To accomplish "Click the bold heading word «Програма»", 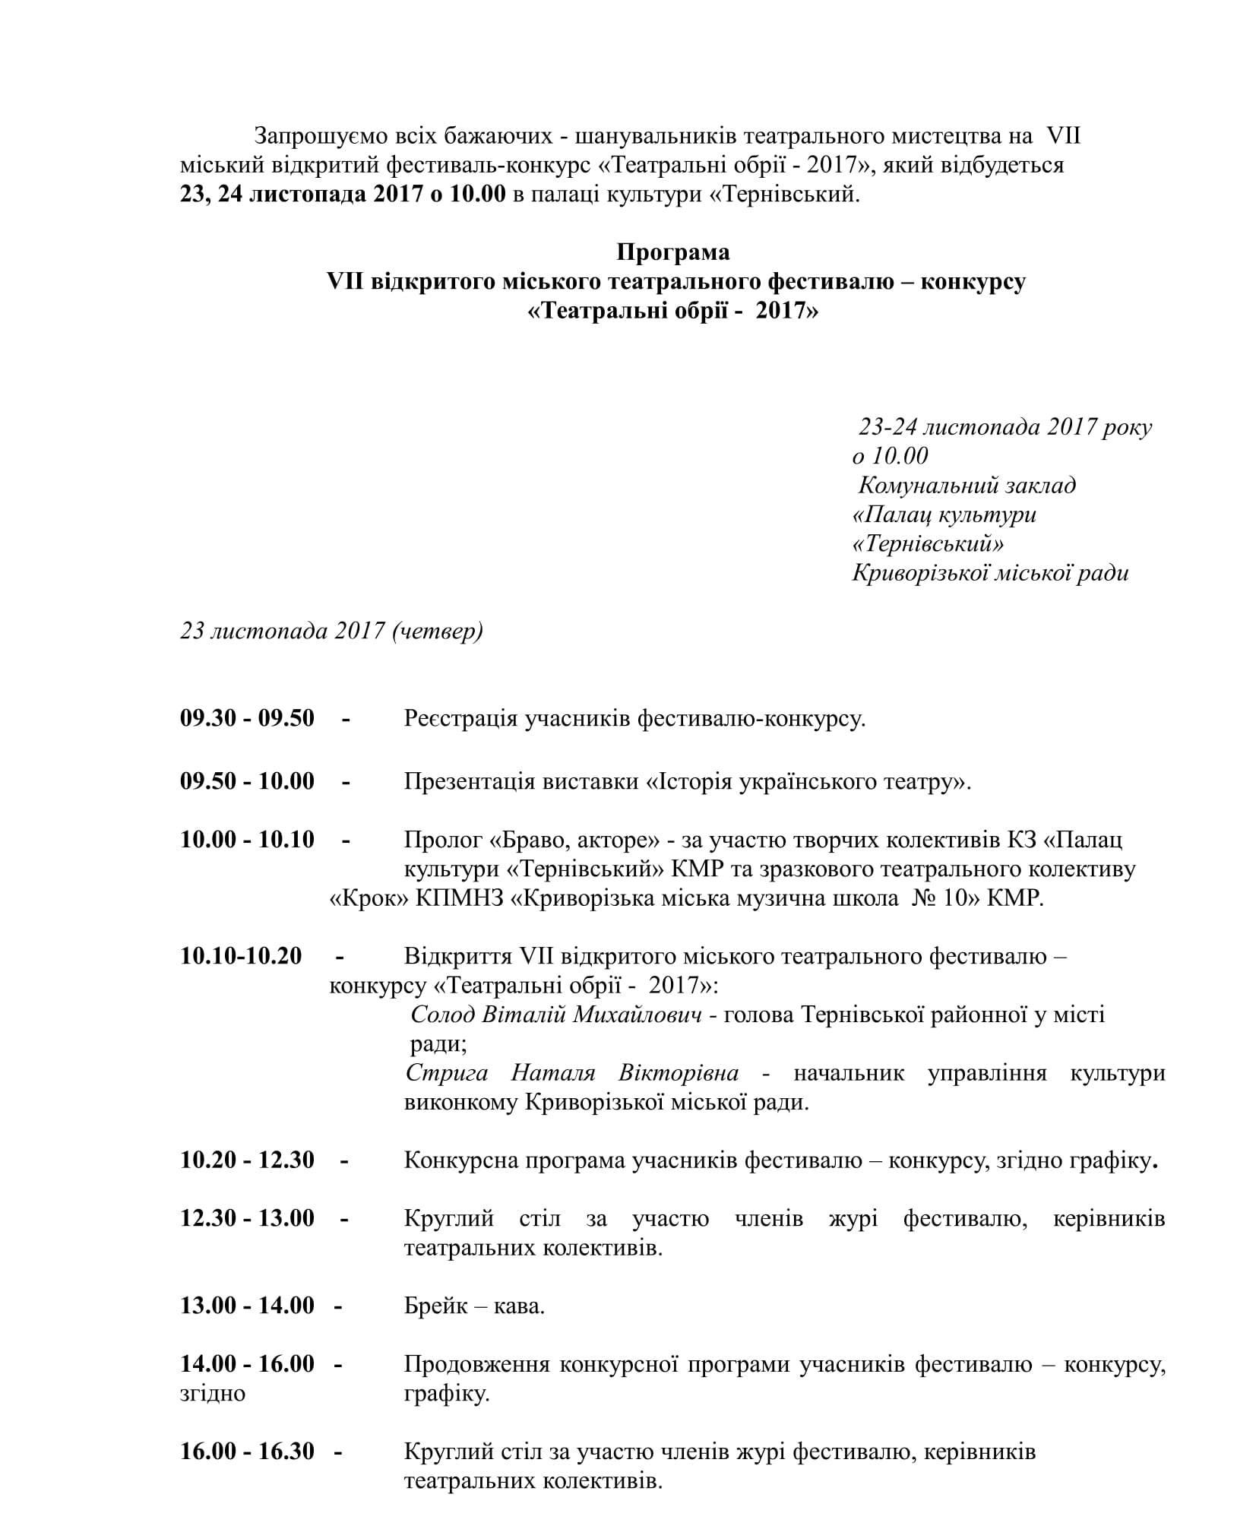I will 673,252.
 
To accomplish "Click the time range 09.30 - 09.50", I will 247,717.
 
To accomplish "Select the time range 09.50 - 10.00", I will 247,780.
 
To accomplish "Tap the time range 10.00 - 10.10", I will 247,840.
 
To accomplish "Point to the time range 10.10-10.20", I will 241,955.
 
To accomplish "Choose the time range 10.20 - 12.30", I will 247,1160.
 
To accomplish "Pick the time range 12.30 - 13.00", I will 247,1218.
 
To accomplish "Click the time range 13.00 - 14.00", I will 247,1306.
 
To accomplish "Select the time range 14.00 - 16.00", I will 247,1363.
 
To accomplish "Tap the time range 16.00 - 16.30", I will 247,1451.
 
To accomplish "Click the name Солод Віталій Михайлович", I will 555,1015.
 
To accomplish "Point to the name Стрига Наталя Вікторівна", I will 571,1073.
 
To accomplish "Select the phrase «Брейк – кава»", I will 473,1306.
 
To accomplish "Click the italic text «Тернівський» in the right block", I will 929,544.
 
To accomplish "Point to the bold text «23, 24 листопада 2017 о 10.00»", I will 343,195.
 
